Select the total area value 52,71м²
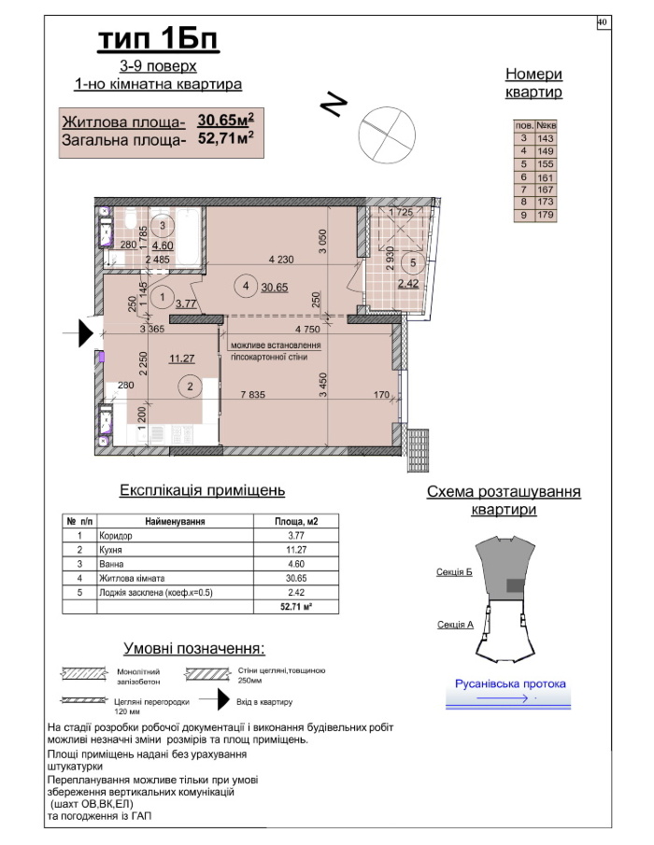point(226,140)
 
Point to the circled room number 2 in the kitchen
point(190,386)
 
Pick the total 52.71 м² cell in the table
point(296,607)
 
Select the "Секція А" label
point(454,625)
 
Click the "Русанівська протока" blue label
point(509,684)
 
